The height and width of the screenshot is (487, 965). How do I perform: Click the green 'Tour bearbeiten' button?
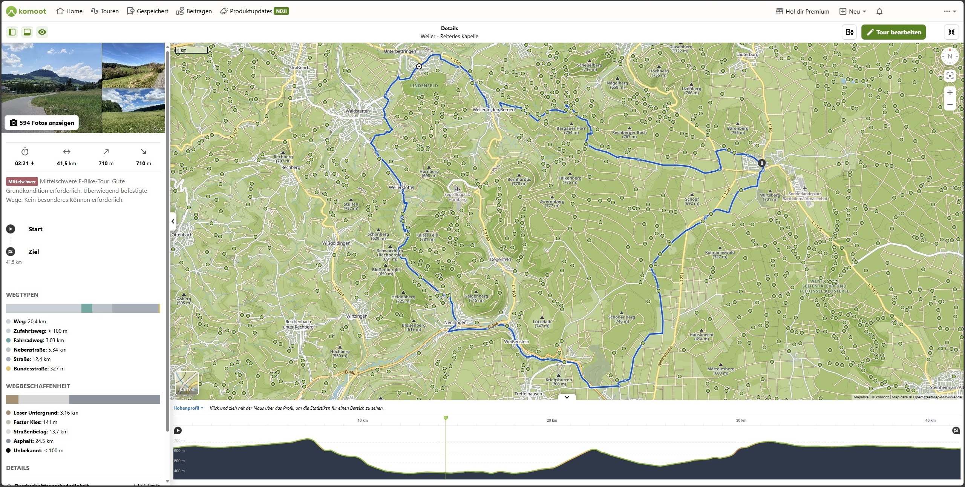(x=893, y=32)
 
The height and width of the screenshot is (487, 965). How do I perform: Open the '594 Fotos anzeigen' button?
(x=42, y=123)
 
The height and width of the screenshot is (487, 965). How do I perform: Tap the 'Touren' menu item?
(x=105, y=11)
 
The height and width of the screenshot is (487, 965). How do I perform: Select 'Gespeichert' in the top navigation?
(x=148, y=11)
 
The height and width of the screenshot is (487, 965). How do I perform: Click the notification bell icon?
(x=879, y=11)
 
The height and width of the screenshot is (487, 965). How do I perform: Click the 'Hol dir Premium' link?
(x=803, y=11)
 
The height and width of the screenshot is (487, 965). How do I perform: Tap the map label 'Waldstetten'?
(x=357, y=111)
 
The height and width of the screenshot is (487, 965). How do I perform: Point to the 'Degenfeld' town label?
(x=500, y=259)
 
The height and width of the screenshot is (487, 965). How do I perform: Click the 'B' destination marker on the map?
(x=761, y=163)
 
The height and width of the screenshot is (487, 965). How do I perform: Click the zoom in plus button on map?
(x=950, y=92)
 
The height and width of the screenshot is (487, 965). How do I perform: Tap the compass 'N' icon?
(x=950, y=57)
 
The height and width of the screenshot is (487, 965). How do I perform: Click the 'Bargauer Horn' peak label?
(x=571, y=129)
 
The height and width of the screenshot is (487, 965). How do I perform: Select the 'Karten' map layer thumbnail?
(x=187, y=383)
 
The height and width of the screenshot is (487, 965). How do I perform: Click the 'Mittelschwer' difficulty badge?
(x=22, y=181)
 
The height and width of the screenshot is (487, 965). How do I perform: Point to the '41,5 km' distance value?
(x=66, y=163)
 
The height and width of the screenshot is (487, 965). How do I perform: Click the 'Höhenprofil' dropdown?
(x=188, y=408)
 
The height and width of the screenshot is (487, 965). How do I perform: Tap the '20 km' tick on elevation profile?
(x=551, y=420)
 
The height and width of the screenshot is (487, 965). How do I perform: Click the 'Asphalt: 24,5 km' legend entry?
(x=33, y=441)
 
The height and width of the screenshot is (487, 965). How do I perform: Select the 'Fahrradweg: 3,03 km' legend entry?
(x=38, y=340)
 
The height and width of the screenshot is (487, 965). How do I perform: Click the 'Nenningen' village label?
(x=455, y=323)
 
